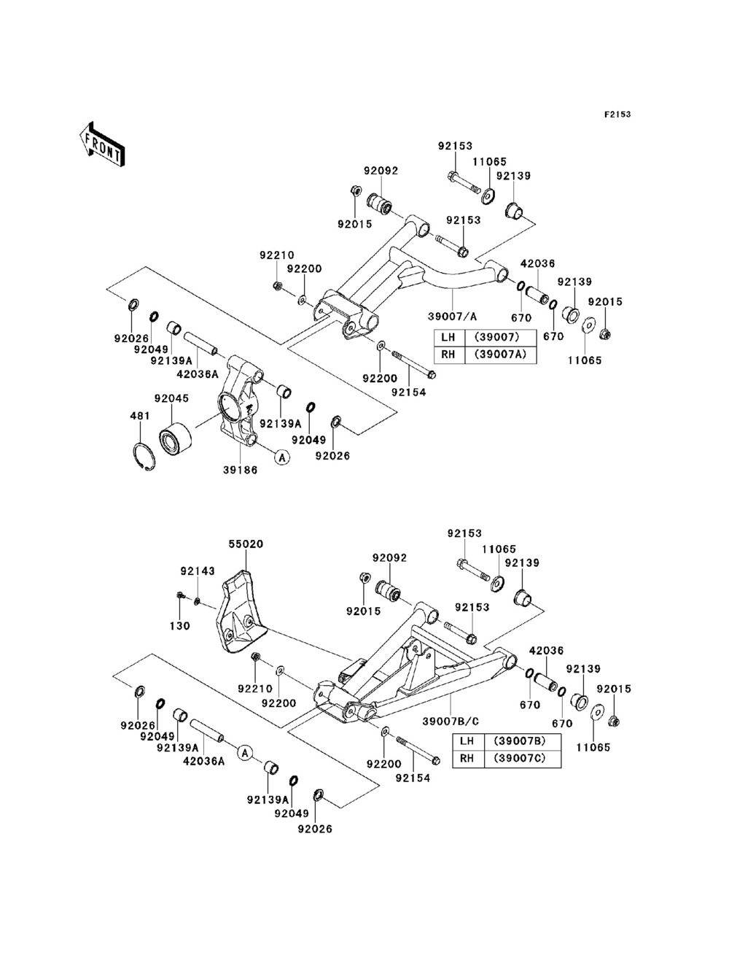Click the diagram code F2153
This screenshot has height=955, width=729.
[x=617, y=115]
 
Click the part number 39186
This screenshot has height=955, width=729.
[x=241, y=470]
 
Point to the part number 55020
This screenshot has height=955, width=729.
[x=246, y=544]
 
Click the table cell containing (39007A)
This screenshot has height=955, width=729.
[x=500, y=354]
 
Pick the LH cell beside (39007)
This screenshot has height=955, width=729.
[x=450, y=336]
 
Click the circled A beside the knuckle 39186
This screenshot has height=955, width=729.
[x=282, y=457]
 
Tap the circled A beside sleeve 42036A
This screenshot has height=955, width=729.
[x=245, y=752]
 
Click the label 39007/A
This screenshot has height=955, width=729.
[x=453, y=317]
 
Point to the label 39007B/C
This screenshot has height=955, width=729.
[x=451, y=722]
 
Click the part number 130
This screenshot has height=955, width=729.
[x=179, y=626]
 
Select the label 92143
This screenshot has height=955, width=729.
[x=198, y=571]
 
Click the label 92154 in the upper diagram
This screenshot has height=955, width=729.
[x=408, y=392]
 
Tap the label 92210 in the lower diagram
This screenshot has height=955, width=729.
[x=254, y=689]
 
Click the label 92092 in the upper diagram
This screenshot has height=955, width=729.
[x=381, y=171]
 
